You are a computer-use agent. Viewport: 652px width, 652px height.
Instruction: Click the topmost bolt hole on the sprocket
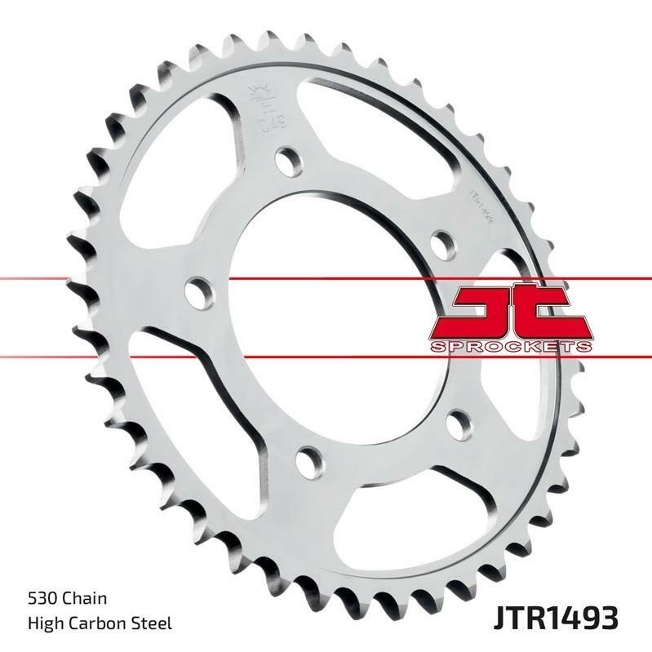tap(286, 162)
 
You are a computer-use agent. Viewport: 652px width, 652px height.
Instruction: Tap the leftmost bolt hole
tap(196, 290)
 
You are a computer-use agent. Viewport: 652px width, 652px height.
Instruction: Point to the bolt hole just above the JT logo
tap(441, 243)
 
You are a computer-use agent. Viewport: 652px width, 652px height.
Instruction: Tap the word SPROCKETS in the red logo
tap(509, 346)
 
